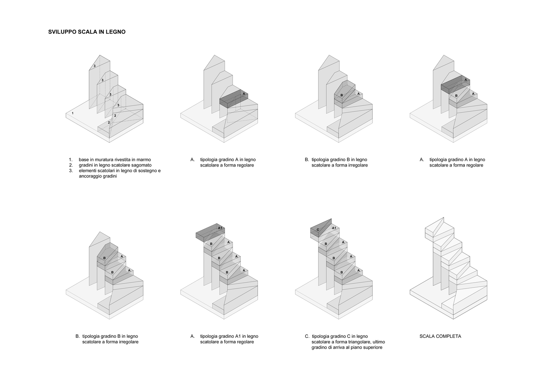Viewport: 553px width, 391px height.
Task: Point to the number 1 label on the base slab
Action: pyautogui.click(x=73, y=113)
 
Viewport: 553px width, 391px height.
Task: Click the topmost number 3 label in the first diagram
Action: pyautogui.click(x=95, y=66)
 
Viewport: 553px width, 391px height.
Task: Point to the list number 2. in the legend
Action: pyautogui.click(x=71, y=165)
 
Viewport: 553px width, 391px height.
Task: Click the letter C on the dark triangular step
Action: pyautogui.click(x=318, y=230)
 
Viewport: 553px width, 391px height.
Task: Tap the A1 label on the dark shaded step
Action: pyautogui.click(x=220, y=228)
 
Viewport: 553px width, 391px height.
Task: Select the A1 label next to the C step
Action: pyautogui.click(x=334, y=228)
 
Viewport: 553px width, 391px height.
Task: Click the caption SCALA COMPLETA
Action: pyautogui.click(x=440, y=336)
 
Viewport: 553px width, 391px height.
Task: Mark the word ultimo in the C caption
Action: pyautogui.click(x=378, y=342)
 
